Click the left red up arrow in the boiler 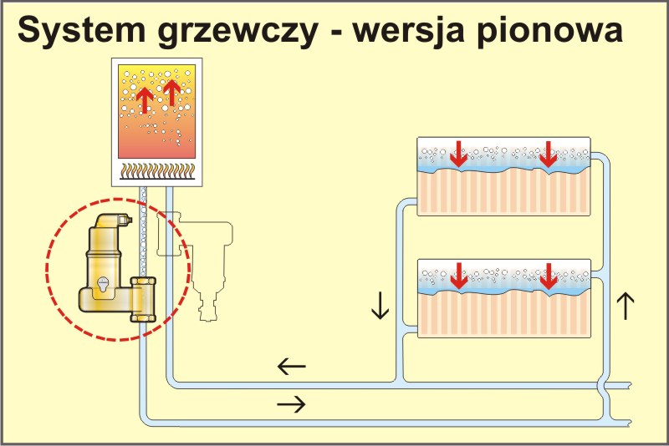144,99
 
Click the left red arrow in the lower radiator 457,276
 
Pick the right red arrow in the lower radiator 549,276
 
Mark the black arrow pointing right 291,404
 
